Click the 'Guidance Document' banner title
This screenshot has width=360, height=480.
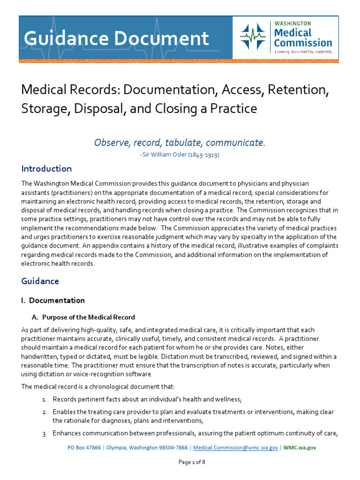[x=117, y=38]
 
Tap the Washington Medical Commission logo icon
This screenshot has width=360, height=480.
[x=253, y=37]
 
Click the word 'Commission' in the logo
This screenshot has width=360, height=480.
[x=303, y=43]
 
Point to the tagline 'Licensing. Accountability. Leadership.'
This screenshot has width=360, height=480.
[x=303, y=52]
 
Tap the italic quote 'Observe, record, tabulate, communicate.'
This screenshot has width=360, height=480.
[x=180, y=142]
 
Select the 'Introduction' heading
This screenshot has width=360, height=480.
[x=46, y=169]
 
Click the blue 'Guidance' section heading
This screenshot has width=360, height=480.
[x=40, y=281]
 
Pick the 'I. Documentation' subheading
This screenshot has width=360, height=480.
[x=53, y=300]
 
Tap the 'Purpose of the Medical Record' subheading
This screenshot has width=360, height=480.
[x=89, y=317]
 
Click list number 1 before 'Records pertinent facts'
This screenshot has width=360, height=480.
[x=45, y=400]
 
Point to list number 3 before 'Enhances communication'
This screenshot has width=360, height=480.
[x=45, y=434]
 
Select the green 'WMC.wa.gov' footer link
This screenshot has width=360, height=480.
[x=300, y=448]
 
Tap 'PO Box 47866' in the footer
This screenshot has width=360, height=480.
[x=84, y=448]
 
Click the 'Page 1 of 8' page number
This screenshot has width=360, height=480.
[x=192, y=462]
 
